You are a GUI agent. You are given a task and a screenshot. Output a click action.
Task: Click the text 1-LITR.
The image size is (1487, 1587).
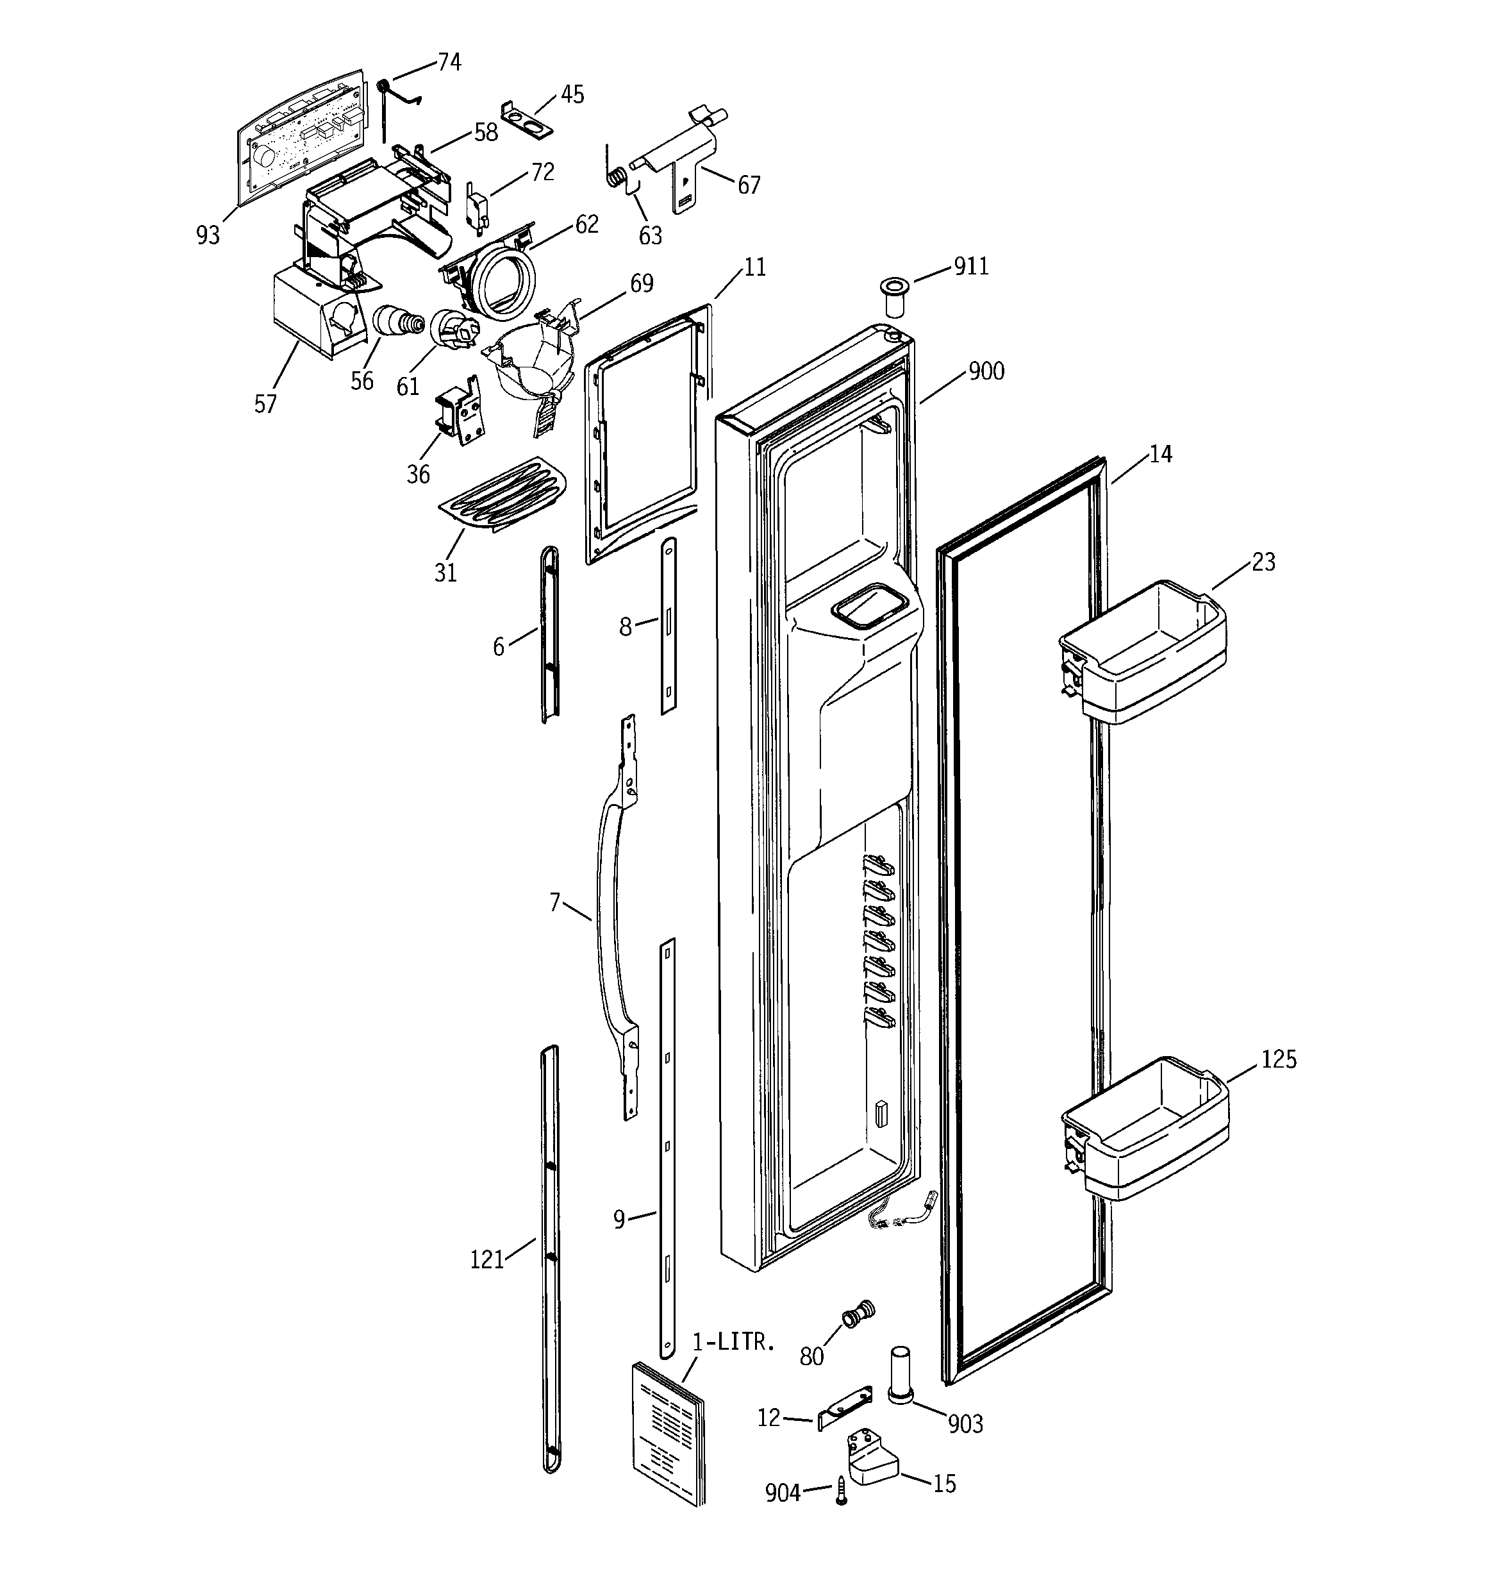[x=733, y=1342]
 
